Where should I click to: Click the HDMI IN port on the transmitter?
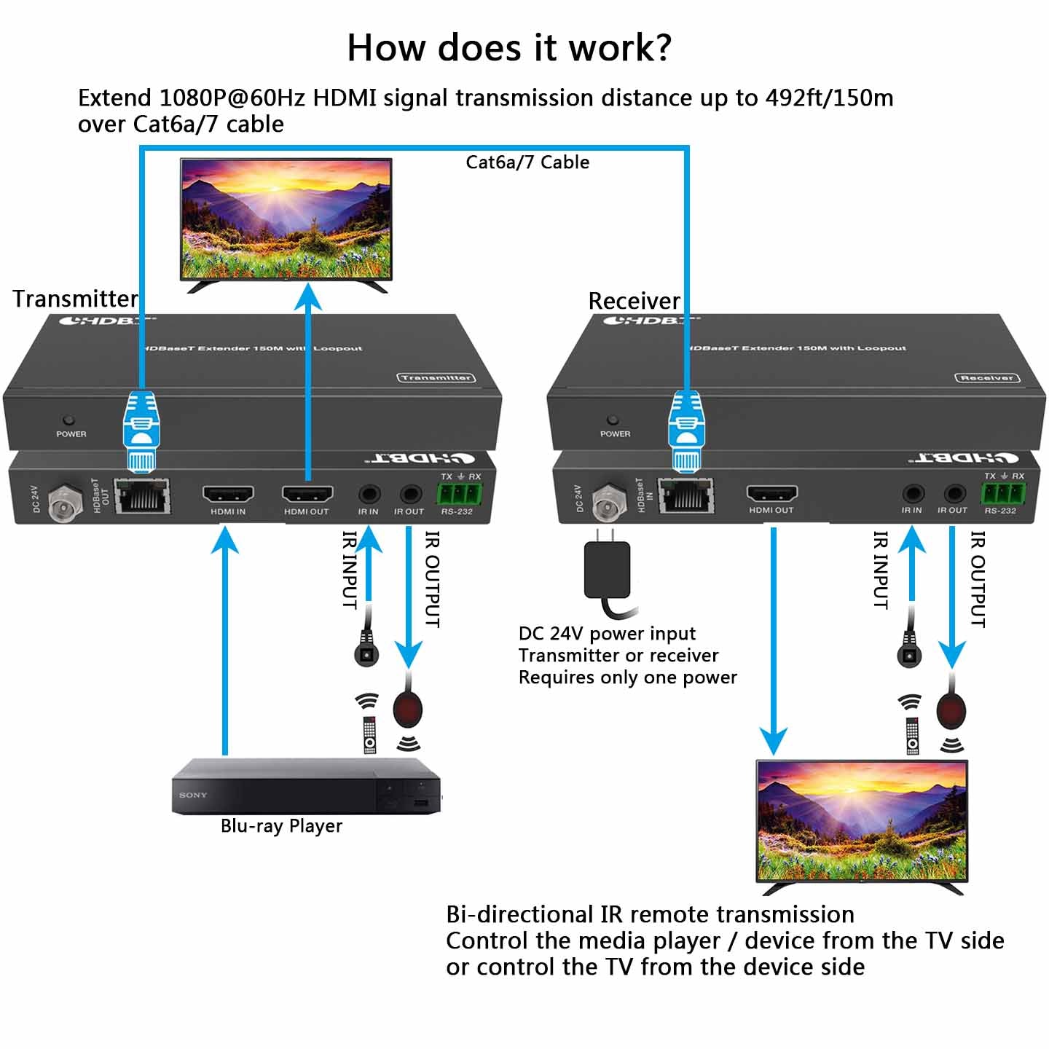point(228,495)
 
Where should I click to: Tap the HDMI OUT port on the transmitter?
point(307,495)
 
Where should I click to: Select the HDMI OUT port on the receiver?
point(771,494)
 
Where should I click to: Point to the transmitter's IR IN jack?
point(369,495)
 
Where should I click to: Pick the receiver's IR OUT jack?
point(954,494)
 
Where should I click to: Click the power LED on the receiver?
point(613,420)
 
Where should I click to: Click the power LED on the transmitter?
point(68,420)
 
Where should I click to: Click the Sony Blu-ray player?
point(306,787)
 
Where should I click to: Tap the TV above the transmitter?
point(286,220)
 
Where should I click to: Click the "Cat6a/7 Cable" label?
point(527,162)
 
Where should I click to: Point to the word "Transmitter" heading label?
point(75,299)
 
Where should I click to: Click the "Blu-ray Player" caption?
point(281,826)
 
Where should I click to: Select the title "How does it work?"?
point(508,48)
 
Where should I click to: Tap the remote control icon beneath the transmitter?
point(370,734)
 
